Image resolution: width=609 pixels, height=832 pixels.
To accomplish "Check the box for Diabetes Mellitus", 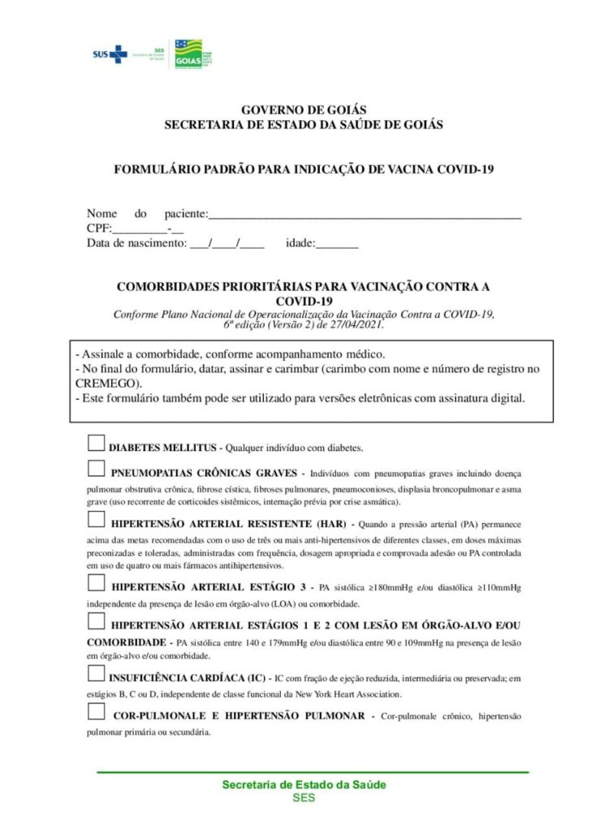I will coord(96,443).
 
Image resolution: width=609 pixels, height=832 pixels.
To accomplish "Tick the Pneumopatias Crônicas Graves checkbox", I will coord(96,469).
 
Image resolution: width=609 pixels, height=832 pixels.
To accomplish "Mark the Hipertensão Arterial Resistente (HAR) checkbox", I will coord(96,521).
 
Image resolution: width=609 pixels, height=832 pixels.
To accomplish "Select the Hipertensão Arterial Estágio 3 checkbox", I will coord(96,583).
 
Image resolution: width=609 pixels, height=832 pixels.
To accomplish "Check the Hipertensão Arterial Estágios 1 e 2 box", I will coord(96,622).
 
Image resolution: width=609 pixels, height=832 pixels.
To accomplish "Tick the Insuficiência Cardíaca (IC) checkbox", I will coord(96,674).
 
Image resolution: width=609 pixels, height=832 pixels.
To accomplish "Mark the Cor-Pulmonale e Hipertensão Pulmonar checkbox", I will coord(96,713).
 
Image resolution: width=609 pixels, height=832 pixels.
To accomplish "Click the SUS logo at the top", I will coord(110,54).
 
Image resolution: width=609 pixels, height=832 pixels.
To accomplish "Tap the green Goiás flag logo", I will coord(188,54).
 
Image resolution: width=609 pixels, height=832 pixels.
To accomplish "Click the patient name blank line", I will coord(365,214).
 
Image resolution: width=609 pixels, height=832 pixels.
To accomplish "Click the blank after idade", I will coord(336,243).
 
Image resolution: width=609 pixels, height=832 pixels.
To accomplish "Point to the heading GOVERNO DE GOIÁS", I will coord(304,110).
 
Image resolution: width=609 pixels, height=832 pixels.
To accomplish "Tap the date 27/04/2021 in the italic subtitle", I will coord(354,323).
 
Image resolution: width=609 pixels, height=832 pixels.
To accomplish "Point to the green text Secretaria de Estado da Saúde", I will coord(304,785).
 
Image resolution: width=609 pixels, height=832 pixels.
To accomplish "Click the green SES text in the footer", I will coord(304,797).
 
